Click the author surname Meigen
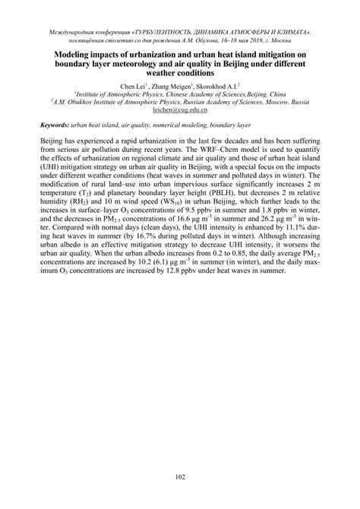click(x=171, y=86)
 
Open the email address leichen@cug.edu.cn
click(x=179, y=109)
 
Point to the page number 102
click(x=179, y=476)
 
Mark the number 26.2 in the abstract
click(x=272, y=215)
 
